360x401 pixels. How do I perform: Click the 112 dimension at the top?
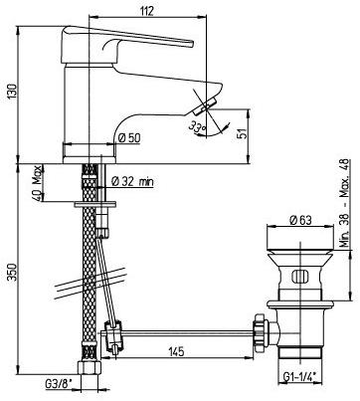click(147, 11)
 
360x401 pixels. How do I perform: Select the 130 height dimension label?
click(13, 92)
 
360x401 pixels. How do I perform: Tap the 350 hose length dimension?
click(13, 272)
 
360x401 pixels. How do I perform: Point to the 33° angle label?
click(197, 127)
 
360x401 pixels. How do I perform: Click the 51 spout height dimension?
click(244, 133)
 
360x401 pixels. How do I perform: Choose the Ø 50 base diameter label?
click(129, 137)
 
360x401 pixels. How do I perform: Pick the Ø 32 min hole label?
click(132, 181)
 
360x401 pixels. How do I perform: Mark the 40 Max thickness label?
click(38, 183)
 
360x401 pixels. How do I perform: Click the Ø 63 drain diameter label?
click(300, 220)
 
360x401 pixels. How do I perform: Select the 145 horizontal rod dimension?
click(176, 351)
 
